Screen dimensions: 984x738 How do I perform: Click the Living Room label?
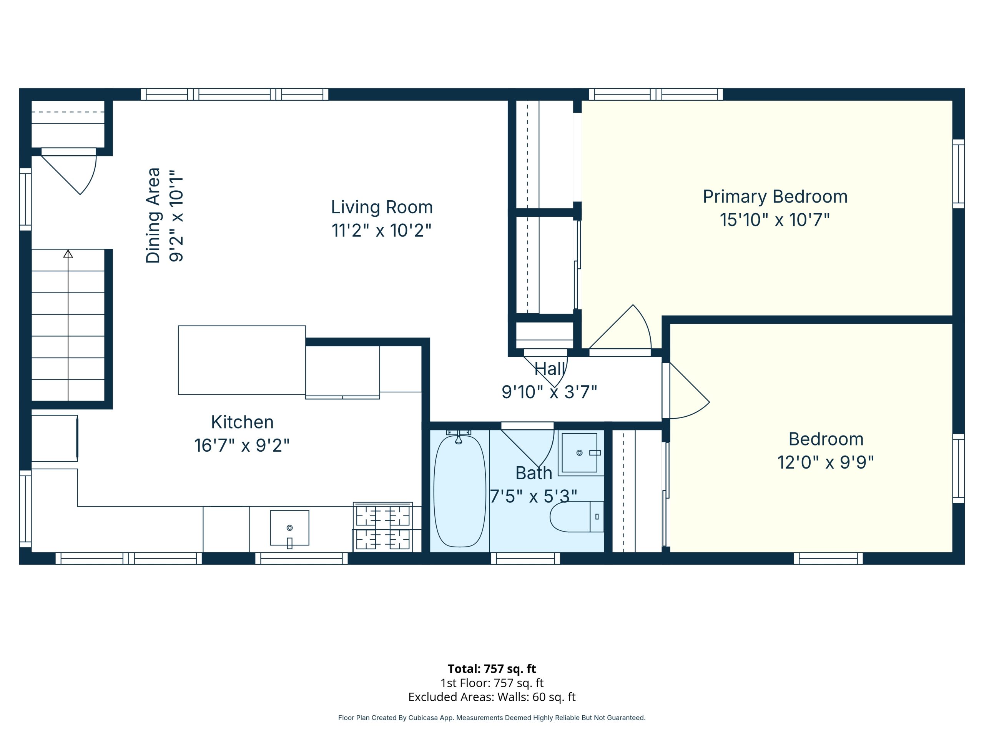coord(382,207)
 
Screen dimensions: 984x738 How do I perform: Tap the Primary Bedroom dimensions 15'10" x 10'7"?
coord(775,220)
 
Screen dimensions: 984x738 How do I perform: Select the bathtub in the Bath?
coord(460,491)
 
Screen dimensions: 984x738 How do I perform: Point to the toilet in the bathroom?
coord(577,517)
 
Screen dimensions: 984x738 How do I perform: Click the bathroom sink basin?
coord(579,453)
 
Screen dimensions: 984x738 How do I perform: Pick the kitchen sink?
coord(289,528)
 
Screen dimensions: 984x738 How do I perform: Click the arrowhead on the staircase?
coord(68,254)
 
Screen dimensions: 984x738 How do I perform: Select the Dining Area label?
coord(153,215)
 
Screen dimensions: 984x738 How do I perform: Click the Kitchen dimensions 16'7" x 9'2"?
coord(242,445)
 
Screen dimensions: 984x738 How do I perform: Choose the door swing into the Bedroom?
coord(690,391)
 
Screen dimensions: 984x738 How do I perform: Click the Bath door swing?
coord(528,448)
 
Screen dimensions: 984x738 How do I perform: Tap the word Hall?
coord(550,369)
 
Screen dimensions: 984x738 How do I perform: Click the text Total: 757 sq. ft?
coord(492,668)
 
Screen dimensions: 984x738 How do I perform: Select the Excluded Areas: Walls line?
coord(492,696)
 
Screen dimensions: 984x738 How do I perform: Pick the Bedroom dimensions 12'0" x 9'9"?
coord(826,463)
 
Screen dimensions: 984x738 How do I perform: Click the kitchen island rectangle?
coord(242,360)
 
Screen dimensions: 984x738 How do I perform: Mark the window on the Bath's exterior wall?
coord(525,558)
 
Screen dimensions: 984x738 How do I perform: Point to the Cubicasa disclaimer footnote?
coord(492,718)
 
